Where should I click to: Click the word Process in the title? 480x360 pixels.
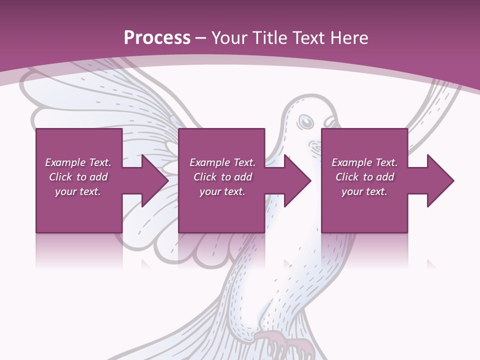157,38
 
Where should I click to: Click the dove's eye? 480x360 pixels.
305,121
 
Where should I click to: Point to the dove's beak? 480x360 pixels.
330,122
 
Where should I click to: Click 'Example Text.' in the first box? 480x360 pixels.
78,162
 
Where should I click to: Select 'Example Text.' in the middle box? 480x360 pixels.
222,162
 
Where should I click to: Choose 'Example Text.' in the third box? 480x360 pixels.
364,162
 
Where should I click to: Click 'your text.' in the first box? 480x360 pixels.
78,191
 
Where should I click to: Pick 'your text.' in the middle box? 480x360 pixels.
222,191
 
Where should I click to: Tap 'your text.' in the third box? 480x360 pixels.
364,191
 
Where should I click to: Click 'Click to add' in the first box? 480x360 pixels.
78,177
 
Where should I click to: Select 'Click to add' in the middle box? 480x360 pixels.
222,177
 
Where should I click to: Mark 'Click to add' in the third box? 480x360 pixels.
364,177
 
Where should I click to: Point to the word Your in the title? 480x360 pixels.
228,38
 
